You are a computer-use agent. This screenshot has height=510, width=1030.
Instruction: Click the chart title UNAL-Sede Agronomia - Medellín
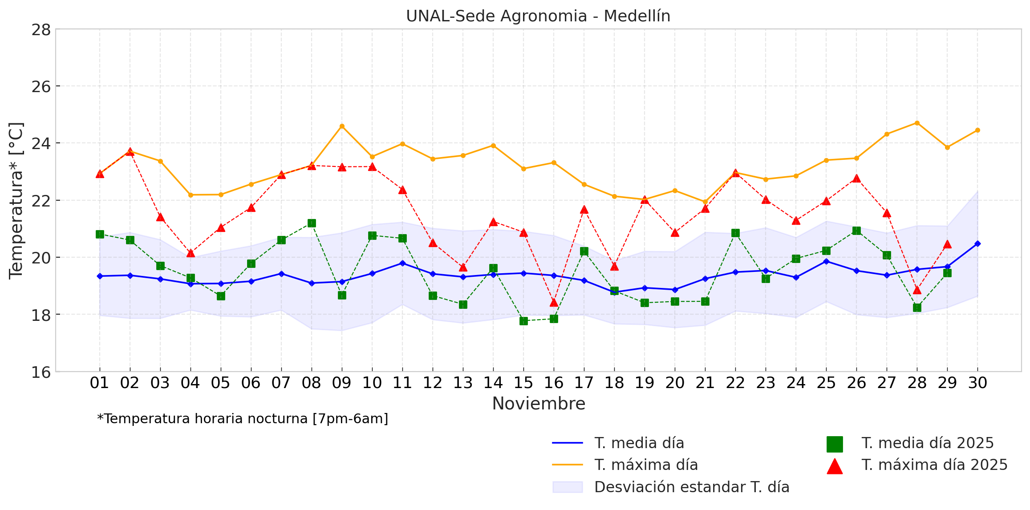click(x=538, y=16)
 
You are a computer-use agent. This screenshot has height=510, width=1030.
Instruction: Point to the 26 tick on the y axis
click(x=41, y=86)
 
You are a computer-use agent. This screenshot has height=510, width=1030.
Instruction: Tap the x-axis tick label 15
click(x=523, y=383)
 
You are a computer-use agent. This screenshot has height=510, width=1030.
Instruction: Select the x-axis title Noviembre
click(x=538, y=404)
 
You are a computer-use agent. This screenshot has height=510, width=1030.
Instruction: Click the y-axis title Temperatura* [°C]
click(x=16, y=200)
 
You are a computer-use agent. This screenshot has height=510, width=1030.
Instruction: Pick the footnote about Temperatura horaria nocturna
click(x=243, y=419)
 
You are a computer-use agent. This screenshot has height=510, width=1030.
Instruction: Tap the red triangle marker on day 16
click(x=554, y=303)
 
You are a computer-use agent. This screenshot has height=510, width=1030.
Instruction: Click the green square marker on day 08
click(x=312, y=223)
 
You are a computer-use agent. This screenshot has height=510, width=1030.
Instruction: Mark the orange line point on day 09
click(x=342, y=126)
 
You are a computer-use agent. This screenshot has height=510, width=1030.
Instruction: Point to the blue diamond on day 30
click(x=977, y=244)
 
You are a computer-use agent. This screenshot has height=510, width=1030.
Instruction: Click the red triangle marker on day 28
click(x=917, y=290)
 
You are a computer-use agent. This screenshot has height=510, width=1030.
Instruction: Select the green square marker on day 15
click(x=523, y=321)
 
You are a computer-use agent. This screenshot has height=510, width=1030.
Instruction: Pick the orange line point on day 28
click(x=917, y=123)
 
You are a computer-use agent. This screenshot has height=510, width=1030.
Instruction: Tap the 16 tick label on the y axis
click(x=41, y=372)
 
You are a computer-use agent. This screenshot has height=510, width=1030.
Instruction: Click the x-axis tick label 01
click(x=99, y=383)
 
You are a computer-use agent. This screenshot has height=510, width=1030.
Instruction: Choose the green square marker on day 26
click(x=856, y=231)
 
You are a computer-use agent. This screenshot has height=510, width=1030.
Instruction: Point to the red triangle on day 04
click(x=191, y=253)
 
